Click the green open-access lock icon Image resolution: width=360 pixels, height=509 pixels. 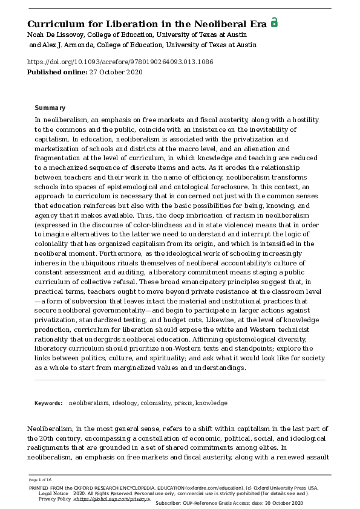[274, 22]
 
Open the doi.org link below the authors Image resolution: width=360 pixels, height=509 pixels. [120, 62]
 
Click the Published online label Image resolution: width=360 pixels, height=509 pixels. [54, 72]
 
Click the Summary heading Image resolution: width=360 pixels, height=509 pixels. [50, 108]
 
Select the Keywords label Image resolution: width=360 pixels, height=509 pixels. [48, 403]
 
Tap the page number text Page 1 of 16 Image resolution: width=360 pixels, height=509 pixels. [40, 479]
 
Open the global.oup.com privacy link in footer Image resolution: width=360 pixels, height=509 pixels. [112, 499]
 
